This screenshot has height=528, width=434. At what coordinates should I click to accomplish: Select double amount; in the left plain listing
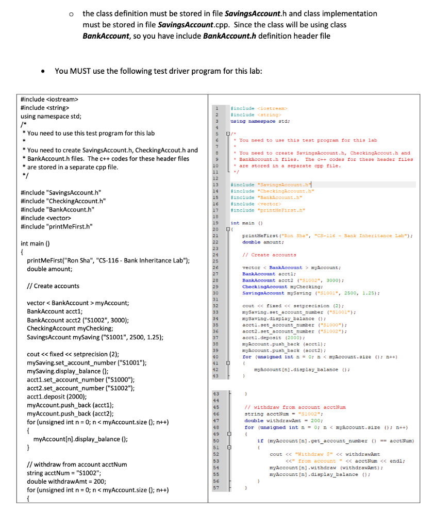click(49, 269)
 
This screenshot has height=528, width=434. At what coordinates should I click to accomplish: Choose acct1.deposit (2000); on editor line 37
click(265, 338)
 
